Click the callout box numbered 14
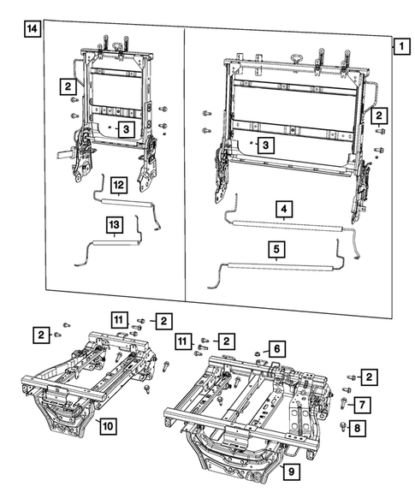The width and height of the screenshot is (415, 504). coord(31,31)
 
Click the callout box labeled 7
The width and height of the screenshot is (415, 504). coord(362,403)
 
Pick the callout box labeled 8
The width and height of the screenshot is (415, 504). coord(362,426)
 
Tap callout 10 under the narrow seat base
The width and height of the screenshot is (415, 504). coord(109,424)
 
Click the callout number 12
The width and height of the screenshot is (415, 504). coord(118,184)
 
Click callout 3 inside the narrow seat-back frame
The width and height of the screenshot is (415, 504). coord(125,129)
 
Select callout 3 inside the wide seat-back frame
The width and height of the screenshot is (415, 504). coord(267,146)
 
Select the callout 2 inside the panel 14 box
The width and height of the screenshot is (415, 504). coord(66,86)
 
